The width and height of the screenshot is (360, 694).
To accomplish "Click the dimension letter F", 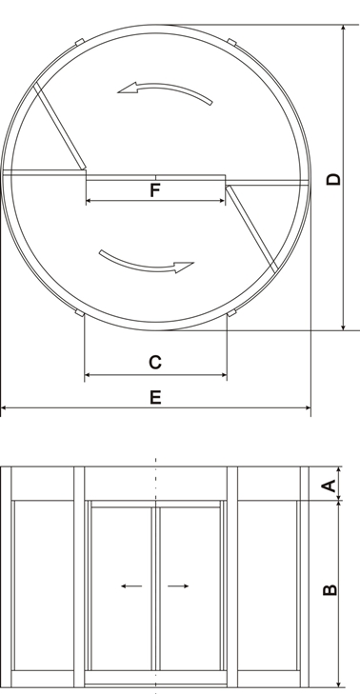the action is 154,189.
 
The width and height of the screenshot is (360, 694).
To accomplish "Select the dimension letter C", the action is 155,362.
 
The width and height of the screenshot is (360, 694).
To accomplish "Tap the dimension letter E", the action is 155,397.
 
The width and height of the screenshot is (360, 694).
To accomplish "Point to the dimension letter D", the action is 333,179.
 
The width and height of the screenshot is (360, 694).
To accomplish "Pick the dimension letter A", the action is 329,486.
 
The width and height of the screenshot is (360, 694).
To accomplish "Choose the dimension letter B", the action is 330,590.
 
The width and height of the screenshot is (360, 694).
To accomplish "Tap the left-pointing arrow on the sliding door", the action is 131,586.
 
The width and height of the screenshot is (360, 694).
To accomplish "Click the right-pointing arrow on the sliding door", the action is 178,586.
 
